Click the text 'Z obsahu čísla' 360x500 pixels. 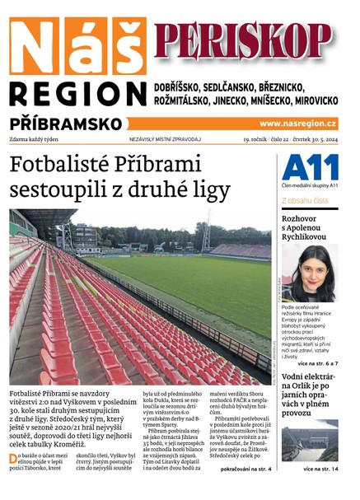click(305, 200)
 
